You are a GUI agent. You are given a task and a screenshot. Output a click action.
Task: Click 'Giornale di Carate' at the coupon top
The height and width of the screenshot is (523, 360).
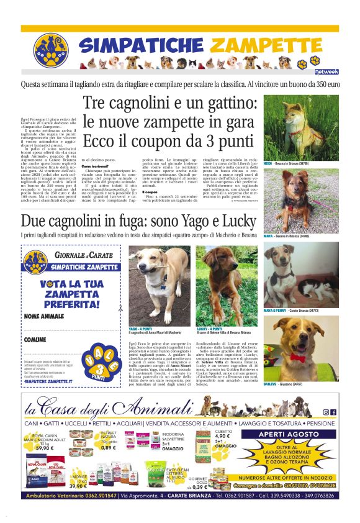point(78,255)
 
